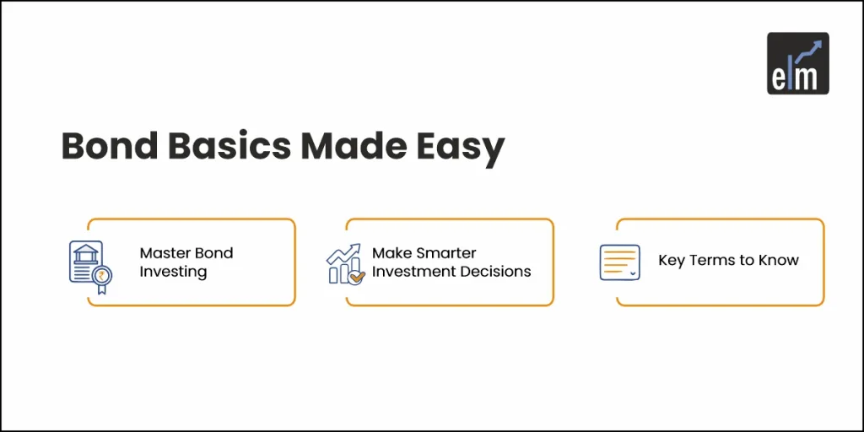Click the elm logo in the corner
(797, 63)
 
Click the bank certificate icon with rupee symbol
(89, 264)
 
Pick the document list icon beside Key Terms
(620, 262)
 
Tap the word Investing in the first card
(173, 272)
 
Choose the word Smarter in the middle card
(447, 252)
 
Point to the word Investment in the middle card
(411, 272)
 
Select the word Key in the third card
(671, 261)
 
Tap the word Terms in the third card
(709, 261)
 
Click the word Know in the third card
(777, 261)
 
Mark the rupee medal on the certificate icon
(102, 277)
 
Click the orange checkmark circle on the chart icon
(356, 277)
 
